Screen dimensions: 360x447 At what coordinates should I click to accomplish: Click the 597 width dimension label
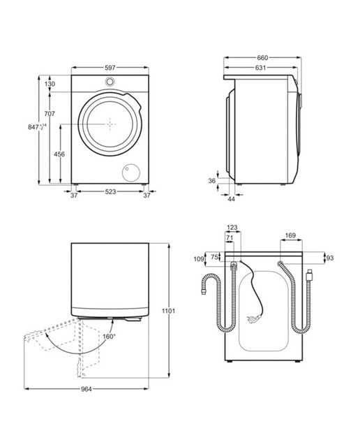point(110,68)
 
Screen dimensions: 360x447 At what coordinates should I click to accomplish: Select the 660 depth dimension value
point(262,58)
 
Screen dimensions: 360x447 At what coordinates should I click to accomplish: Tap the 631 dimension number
point(260,68)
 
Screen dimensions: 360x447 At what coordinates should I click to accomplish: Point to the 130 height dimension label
point(50,84)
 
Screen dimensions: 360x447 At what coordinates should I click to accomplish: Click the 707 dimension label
point(50,114)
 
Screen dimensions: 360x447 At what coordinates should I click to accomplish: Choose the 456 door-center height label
point(59,154)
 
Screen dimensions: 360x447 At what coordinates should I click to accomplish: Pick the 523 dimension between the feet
point(110,192)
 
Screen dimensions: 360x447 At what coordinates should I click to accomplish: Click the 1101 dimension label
point(168,311)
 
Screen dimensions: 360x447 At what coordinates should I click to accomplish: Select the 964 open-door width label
point(87,389)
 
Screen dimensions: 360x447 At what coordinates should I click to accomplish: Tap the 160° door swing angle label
point(109,337)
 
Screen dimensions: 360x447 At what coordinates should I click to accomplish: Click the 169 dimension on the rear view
point(290,235)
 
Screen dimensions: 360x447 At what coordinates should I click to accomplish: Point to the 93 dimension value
point(330,258)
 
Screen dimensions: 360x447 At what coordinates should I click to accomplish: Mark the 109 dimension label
point(199,259)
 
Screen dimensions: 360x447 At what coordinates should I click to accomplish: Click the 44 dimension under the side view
point(231,199)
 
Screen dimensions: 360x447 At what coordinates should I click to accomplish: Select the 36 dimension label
point(211,181)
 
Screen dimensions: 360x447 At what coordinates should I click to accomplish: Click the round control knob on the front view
point(110,82)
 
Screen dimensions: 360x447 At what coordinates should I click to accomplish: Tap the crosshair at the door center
point(110,124)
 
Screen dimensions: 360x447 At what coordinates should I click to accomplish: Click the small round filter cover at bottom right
point(131,173)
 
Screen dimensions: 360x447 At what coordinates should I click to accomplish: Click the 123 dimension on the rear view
point(232,228)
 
